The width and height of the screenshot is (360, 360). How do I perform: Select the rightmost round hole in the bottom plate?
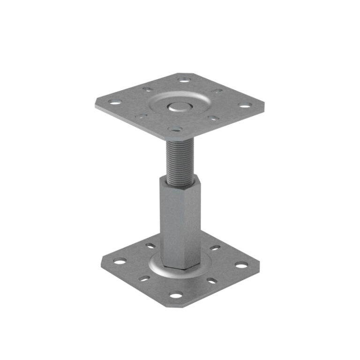pos(241,265)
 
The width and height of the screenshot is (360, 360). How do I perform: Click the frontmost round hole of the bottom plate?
pos(175,295)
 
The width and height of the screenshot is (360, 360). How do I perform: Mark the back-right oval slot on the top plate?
pos(217,90)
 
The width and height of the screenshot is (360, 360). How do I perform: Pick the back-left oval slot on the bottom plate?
pos(150,246)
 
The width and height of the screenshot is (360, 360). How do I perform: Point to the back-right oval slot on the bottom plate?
pos(215,247)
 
